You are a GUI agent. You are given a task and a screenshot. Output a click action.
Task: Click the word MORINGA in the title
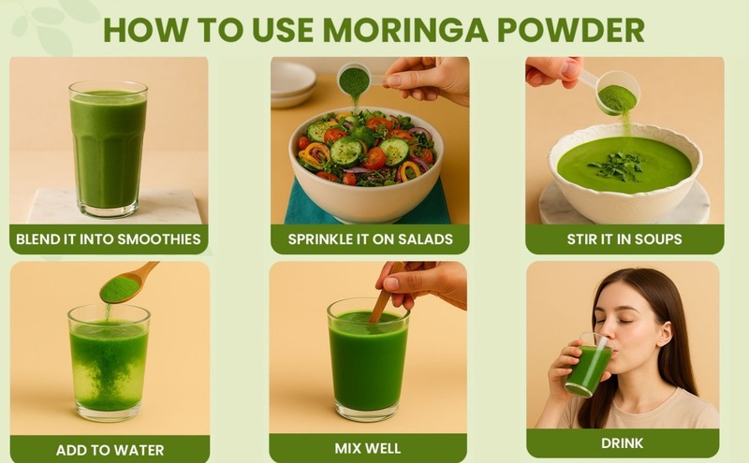[x=405, y=30]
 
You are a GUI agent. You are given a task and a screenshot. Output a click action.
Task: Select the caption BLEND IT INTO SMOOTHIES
[x=109, y=239]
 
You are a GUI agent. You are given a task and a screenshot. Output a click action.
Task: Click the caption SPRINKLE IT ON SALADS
[x=370, y=239]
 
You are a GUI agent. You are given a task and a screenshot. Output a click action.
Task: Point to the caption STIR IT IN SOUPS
[x=624, y=239]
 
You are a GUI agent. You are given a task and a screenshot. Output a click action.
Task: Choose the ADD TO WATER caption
[x=110, y=450]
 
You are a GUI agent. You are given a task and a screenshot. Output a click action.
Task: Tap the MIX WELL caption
[x=367, y=448]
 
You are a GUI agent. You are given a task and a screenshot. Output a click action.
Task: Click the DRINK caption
[x=622, y=443]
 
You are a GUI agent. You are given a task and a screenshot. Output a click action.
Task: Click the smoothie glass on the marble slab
[x=109, y=149]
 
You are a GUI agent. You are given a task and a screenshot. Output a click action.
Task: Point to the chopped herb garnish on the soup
[x=618, y=166]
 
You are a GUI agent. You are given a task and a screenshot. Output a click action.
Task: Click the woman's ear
[x=664, y=334]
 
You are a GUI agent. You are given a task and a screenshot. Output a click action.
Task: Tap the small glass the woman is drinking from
[x=589, y=366]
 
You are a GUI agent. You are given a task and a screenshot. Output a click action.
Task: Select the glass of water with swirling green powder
[x=109, y=363]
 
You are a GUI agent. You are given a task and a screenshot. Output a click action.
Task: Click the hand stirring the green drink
[x=420, y=285]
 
